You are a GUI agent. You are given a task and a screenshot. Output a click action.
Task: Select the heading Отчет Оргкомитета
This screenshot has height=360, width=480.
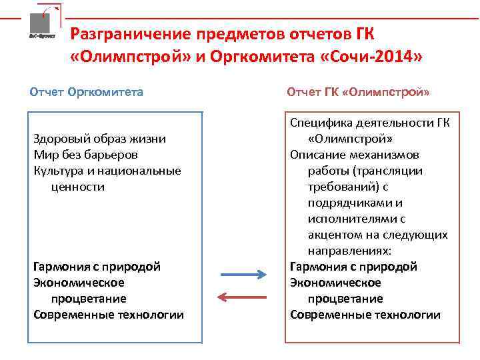87,91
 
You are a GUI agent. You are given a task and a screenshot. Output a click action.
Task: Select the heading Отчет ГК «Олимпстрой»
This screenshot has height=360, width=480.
358,91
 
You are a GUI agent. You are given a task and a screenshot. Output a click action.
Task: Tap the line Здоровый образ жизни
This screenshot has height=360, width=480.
99,139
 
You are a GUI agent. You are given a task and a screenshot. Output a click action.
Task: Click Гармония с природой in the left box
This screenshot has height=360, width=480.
97,267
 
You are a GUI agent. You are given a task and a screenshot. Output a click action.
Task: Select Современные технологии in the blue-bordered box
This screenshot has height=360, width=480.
109,315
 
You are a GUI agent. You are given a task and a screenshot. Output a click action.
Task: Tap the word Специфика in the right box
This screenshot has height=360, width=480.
319,123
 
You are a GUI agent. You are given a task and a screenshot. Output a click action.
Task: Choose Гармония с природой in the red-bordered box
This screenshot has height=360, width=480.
353,267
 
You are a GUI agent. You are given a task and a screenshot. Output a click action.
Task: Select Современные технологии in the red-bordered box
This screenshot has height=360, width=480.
365,315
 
